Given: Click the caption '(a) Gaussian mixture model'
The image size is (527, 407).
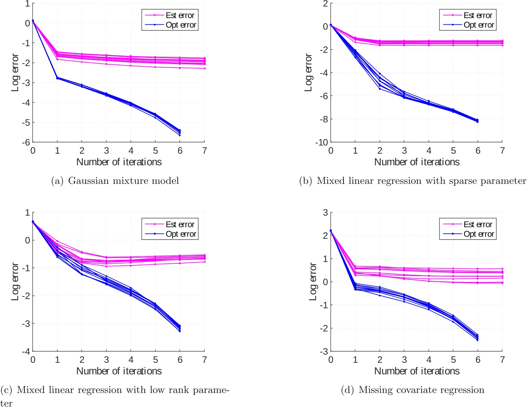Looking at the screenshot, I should (115, 181).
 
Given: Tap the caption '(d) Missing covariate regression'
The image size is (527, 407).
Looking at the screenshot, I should (412, 390).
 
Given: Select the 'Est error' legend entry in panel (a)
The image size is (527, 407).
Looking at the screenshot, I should (180, 15).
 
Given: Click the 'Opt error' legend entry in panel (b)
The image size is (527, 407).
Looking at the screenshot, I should (478, 25).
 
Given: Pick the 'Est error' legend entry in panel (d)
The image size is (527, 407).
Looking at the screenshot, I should (477, 224).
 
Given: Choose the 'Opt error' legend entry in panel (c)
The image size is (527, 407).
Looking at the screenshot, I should (181, 234).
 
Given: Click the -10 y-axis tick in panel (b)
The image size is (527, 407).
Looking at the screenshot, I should (321, 142).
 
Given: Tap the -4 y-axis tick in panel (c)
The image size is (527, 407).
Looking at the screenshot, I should (26, 351).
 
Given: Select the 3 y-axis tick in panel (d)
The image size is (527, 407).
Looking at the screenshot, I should (325, 212).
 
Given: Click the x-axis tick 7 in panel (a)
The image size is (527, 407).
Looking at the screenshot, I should (204, 151).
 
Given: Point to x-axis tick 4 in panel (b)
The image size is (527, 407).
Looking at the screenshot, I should (429, 151).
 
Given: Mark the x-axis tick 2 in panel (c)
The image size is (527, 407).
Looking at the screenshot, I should (82, 360).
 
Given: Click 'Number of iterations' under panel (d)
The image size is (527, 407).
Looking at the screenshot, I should (417, 371).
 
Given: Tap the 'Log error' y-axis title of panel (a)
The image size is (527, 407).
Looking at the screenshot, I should (15, 73).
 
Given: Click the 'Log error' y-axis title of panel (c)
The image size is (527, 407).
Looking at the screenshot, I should (15, 282).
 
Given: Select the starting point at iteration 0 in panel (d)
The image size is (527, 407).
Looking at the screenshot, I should (331, 231).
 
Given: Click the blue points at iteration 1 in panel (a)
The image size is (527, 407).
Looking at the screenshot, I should (57, 78).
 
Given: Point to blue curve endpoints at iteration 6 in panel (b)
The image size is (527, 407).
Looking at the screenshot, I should (477, 121).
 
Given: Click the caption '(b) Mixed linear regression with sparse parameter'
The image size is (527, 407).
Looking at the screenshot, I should (412, 181).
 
